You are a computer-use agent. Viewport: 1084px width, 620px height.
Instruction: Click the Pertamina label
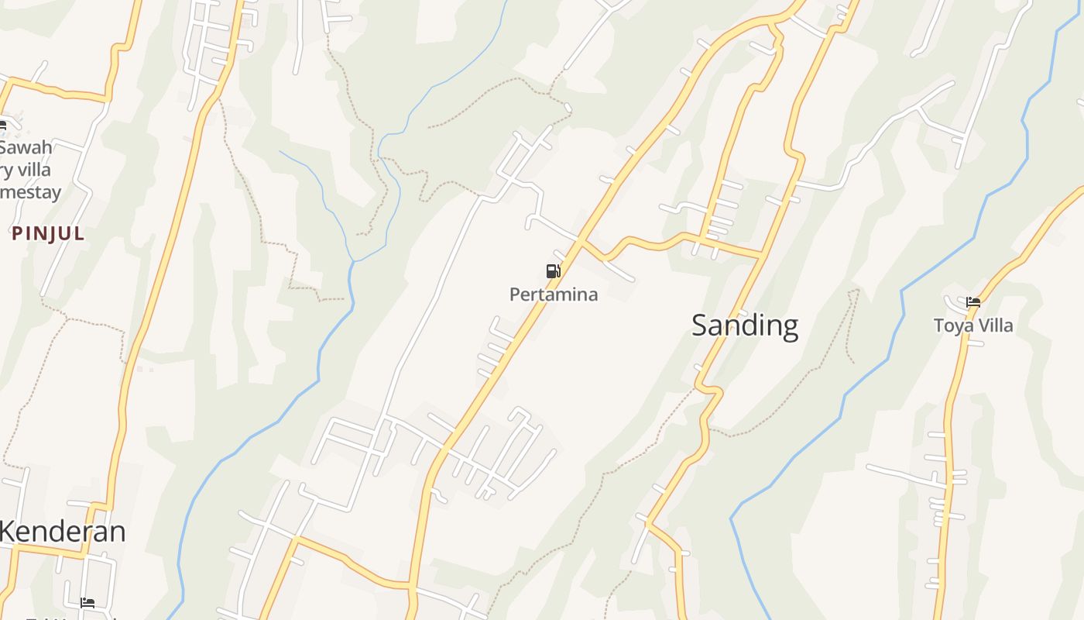[554, 294]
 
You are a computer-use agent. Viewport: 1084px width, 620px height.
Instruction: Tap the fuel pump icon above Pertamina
[553, 270]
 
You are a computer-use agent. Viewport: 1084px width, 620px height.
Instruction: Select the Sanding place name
[745, 325]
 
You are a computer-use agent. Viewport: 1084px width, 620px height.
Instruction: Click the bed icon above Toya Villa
[973, 302]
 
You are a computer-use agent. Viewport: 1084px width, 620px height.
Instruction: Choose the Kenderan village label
[62, 532]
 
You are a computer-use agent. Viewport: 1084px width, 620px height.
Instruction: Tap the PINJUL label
[48, 233]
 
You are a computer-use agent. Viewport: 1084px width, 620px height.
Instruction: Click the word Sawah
[26, 147]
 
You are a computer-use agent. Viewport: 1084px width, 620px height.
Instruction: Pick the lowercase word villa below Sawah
[34, 170]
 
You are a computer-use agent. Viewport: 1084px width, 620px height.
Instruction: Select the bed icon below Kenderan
[87, 602]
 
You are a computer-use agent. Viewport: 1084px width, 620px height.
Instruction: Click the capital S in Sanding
[700, 325]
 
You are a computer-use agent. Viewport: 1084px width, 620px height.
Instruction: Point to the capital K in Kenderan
[7, 532]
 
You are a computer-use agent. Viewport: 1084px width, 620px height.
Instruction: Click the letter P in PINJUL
[16, 233]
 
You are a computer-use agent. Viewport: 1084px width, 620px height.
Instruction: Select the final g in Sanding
[789, 328]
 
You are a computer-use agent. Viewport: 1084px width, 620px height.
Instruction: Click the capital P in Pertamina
[515, 294]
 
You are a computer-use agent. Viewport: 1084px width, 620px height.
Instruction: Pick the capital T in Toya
[938, 325]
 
